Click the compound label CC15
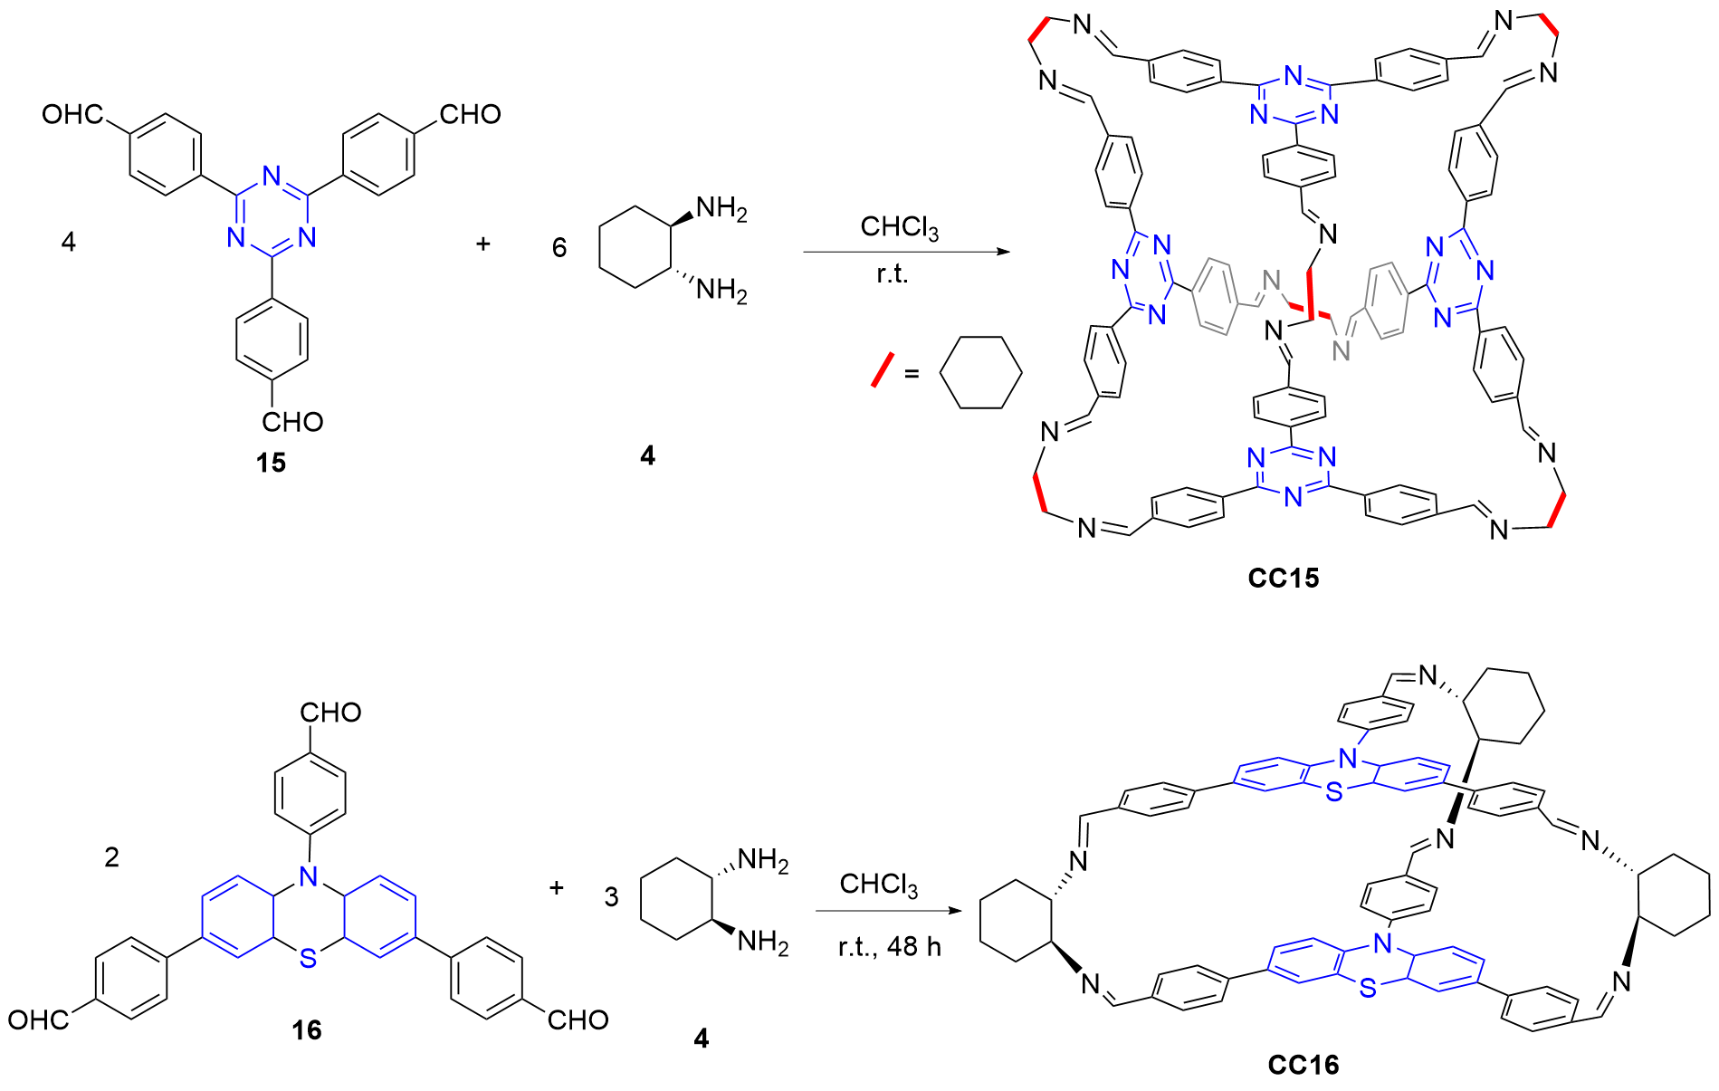pos(1283,578)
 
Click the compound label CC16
pos(1303,1065)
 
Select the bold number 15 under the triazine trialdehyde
pos(271,463)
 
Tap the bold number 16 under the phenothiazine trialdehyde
pos(307,1030)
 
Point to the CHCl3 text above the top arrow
pos(899,226)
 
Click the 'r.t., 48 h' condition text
pos(890,947)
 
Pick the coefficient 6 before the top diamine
pos(559,247)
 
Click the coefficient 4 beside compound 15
pos(69,242)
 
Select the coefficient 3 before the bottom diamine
pos(612,897)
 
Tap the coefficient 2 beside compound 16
pos(112,857)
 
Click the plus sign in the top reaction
pos(483,244)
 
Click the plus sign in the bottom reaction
pos(557,887)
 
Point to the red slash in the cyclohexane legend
pos(882,369)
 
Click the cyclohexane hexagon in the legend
pos(980,372)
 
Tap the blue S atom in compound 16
pos(309,958)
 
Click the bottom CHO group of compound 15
pos(291,422)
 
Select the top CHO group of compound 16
pos(330,713)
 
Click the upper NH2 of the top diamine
pos(721,209)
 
